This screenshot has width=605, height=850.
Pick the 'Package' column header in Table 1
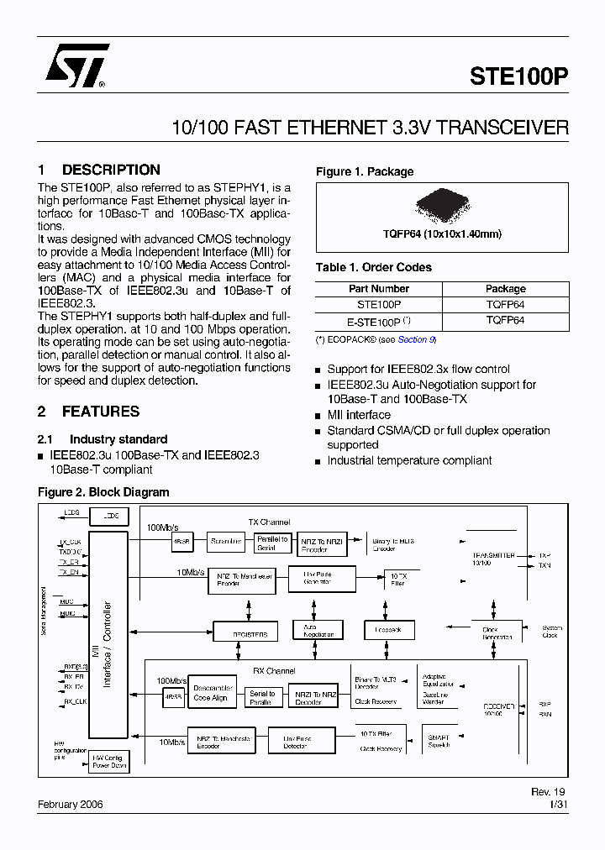505,289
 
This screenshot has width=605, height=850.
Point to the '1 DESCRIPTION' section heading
99,170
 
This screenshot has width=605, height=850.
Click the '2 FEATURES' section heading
89,412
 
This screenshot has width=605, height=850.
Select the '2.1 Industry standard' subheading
103,439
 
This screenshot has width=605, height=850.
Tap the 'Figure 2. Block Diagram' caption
103,492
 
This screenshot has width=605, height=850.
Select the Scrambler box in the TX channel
226,542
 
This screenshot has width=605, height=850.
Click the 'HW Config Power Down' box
109,761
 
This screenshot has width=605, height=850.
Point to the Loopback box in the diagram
388,630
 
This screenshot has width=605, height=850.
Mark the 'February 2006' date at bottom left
70,804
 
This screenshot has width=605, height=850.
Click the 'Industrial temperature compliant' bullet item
409,460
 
